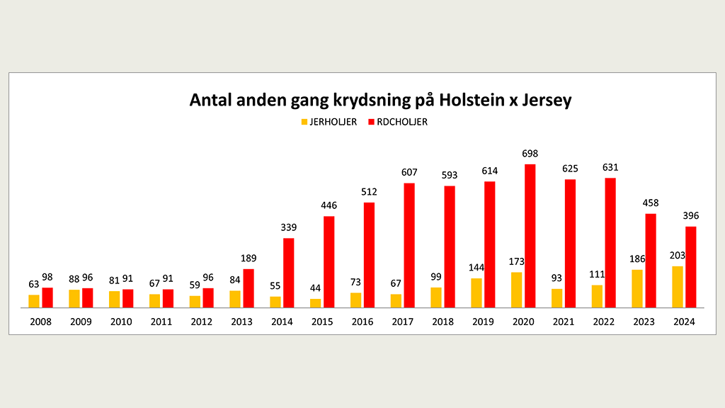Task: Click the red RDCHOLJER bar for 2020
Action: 530,236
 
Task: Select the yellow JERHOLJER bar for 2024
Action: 678,287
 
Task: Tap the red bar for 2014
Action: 288,273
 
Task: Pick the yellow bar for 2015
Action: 315,303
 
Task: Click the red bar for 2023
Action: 651,261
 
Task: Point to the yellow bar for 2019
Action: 476,293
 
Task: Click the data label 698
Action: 530,154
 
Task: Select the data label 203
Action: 678,256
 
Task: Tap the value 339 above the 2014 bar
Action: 288,227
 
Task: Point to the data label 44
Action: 315,289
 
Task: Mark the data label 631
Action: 610,168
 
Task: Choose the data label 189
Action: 248,259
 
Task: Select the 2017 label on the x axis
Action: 403,322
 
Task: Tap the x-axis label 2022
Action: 604,322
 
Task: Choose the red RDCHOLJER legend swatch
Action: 371,122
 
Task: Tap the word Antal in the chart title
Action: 210,100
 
